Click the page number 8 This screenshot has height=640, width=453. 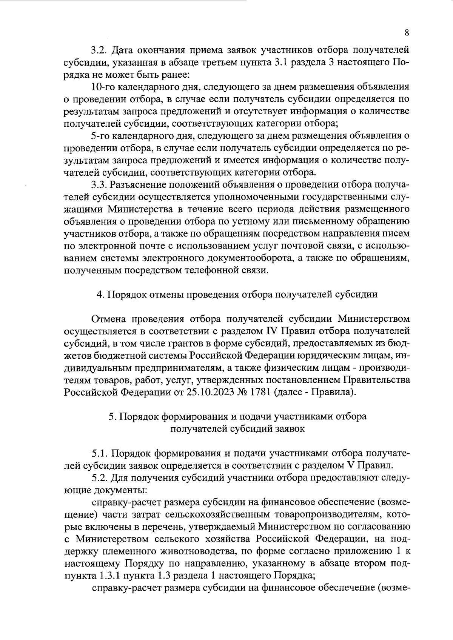click(407, 32)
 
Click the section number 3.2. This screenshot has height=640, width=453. click(99, 50)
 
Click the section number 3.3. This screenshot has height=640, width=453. click(99, 185)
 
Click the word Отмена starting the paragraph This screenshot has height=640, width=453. click(109, 319)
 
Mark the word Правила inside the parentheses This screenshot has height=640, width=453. click(334, 392)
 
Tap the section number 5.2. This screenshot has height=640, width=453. click(100, 478)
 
